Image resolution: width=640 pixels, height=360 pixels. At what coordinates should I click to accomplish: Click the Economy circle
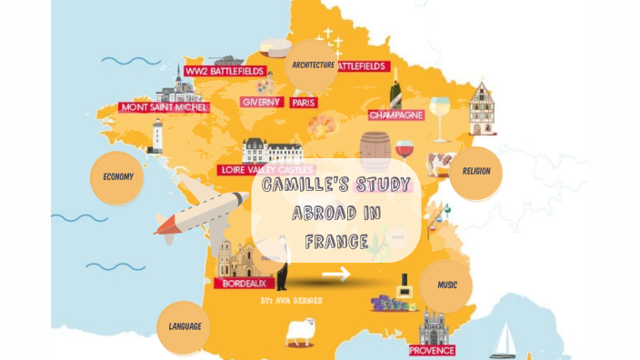click(117, 176)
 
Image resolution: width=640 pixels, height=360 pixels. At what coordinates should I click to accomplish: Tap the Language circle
click(185, 325)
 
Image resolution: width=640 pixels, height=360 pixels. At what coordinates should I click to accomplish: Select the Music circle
click(447, 285)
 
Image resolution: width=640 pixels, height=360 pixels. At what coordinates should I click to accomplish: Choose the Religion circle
click(475, 171)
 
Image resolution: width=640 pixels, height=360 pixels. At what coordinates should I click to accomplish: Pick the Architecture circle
click(312, 65)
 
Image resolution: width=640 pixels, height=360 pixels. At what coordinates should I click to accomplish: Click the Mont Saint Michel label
click(164, 107)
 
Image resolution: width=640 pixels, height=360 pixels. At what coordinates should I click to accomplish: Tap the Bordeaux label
click(243, 283)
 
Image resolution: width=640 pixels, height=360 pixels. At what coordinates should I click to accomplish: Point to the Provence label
click(432, 349)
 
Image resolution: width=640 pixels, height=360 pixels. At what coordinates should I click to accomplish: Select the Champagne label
click(396, 115)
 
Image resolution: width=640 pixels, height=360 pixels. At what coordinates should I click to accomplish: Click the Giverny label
click(261, 102)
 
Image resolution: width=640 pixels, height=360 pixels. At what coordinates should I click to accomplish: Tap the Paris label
click(304, 103)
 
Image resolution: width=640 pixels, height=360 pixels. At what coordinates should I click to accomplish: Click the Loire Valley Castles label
click(266, 170)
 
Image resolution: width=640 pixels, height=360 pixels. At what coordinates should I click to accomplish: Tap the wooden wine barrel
click(374, 151)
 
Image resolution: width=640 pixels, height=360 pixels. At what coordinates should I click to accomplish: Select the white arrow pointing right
click(335, 274)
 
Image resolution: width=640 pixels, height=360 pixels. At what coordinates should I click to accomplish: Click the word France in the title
click(336, 242)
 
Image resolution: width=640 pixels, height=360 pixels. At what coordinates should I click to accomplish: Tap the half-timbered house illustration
click(482, 109)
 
